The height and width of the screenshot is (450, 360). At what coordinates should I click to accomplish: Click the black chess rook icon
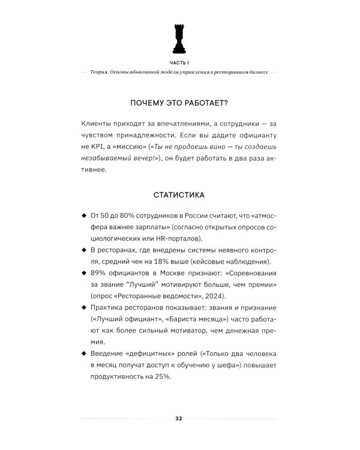click(178, 38)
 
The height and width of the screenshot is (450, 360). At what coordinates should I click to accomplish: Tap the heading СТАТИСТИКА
click(179, 194)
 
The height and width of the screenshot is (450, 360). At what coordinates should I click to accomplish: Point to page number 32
click(179, 418)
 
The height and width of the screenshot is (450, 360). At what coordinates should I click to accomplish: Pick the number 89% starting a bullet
click(100, 273)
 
